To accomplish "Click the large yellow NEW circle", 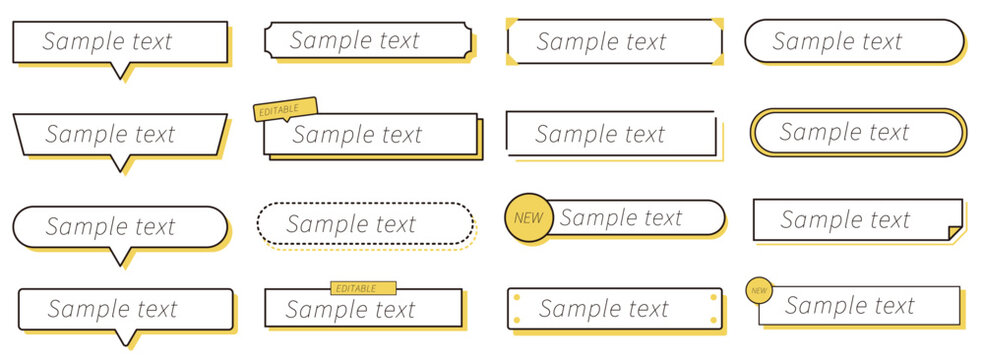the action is coord(529,218).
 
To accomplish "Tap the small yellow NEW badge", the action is coord(759,290).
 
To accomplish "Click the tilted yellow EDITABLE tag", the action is coord(286,109).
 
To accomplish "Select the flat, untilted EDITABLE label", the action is coord(363,288).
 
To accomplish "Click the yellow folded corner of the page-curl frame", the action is coord(955,233).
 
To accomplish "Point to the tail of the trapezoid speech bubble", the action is coord(121,164).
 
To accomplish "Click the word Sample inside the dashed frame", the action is coord(321,225).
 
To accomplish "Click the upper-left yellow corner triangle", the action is coord(511,23).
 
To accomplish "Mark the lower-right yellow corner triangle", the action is coord(717,59).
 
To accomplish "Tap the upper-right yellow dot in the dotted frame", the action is coord(714,297).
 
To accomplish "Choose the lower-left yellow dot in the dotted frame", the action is coord(516,320).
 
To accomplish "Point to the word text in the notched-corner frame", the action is coord(394,41).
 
